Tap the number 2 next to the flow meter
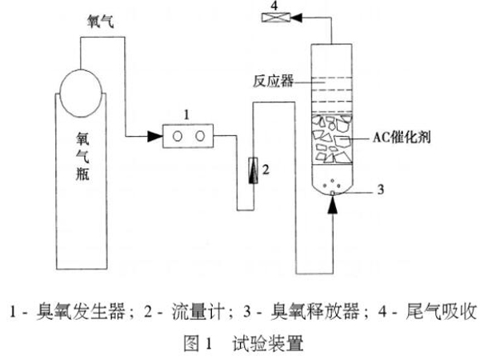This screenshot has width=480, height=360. click(267, 170)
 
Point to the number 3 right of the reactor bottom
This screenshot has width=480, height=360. click(381, 189)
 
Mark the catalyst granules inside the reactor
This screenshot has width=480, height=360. click(332, 144)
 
